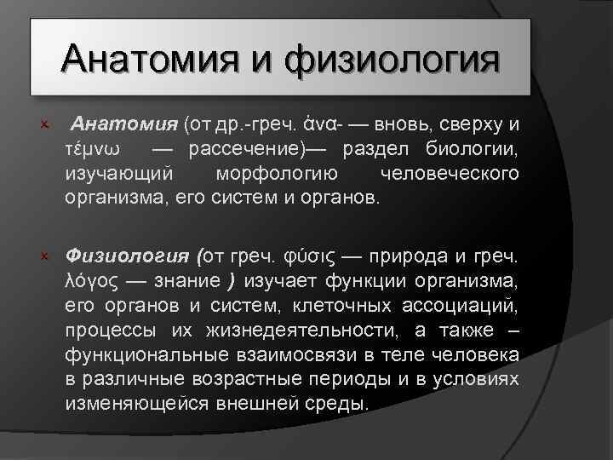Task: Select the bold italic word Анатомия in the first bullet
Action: [123, 125]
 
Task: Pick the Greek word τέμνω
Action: [93, 149]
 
